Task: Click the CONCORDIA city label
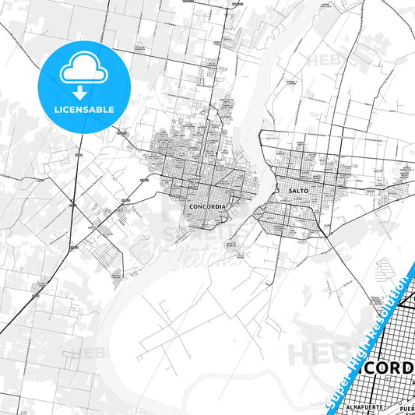point(207,206)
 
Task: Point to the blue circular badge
point(83,83)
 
